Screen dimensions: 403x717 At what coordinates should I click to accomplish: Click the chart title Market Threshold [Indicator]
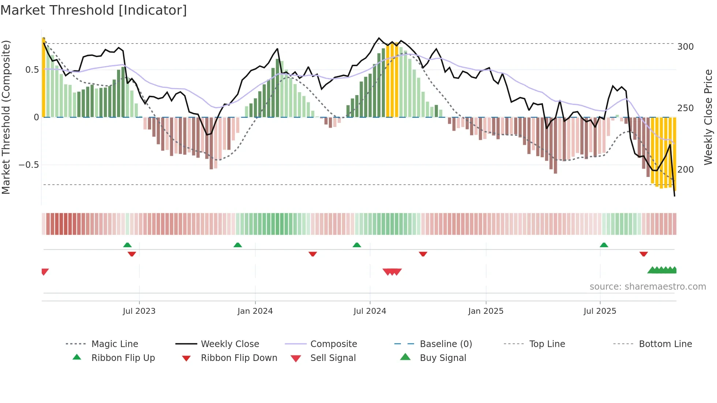pos(94,10)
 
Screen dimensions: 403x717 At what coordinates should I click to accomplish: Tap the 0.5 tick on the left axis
pos(32,70)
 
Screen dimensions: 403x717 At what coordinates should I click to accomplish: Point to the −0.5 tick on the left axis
pos(29,165)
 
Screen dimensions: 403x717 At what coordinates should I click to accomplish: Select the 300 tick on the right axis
pos(685,47)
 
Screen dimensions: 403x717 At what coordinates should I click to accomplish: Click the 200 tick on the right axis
pos(685,170)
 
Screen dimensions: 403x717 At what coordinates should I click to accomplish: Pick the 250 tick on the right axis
pos(685,108)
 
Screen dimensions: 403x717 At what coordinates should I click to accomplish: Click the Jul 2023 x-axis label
pos(139,311)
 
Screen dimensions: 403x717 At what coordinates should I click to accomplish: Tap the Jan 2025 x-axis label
pos(485,311)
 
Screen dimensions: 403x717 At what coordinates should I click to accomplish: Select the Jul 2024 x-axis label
pos(369,311)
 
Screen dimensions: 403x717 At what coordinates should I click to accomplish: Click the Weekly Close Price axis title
pos(708,117)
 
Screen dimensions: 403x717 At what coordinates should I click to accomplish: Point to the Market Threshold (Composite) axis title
pos(6,117)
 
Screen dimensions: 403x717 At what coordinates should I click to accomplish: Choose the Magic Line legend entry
pos(115,344)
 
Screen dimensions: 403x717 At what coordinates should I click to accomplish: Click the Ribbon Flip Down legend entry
pos(239,358)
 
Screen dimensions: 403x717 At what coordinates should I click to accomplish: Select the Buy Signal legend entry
pos(443,358)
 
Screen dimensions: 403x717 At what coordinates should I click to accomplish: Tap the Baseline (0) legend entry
pos(446,344)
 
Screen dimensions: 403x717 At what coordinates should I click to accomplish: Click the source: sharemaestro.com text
pos(647,287)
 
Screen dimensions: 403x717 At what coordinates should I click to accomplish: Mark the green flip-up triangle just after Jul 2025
pos(604,245)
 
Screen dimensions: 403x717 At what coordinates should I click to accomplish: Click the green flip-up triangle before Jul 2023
pos(127,245)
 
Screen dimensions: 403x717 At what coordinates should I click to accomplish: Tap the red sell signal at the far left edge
pos(45,272)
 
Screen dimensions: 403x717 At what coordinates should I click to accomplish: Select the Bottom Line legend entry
pos(665,344)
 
